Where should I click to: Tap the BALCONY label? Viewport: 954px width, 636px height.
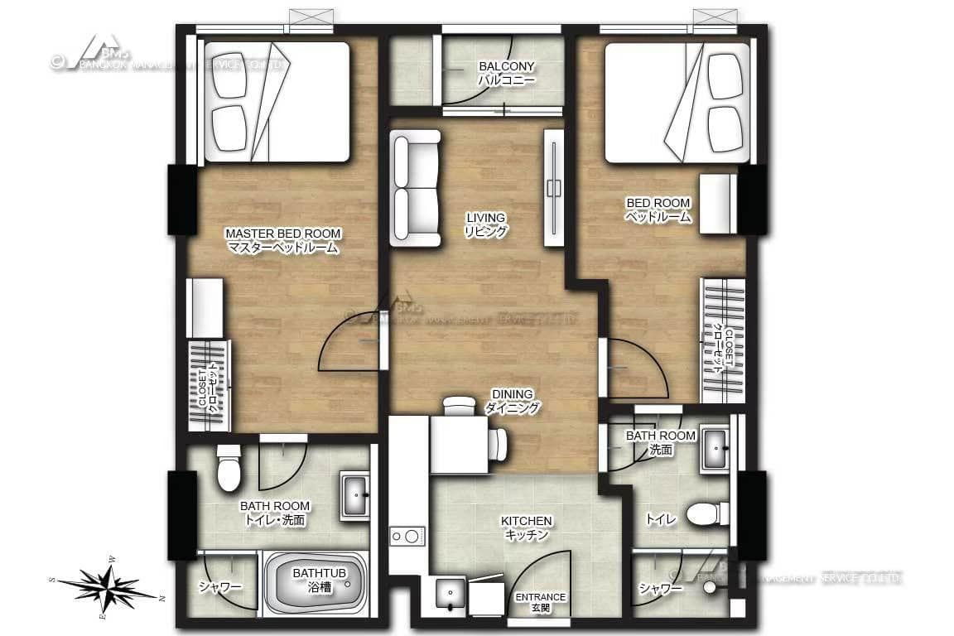506,74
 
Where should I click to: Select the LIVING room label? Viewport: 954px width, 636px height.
485,224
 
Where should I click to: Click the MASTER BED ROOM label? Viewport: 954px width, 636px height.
282,240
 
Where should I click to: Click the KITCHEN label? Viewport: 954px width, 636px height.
527,528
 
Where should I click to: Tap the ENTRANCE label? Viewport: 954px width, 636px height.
541,602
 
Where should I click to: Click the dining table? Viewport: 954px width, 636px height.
459,444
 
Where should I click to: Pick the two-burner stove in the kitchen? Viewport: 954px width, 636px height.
407,537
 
